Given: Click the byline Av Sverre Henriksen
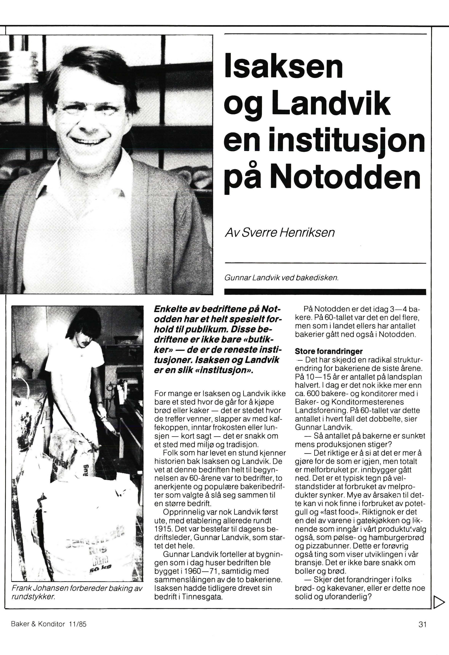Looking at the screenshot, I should (279, 232).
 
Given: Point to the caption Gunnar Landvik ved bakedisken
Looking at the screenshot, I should (281, 278).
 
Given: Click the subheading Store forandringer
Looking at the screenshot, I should (328, 352).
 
